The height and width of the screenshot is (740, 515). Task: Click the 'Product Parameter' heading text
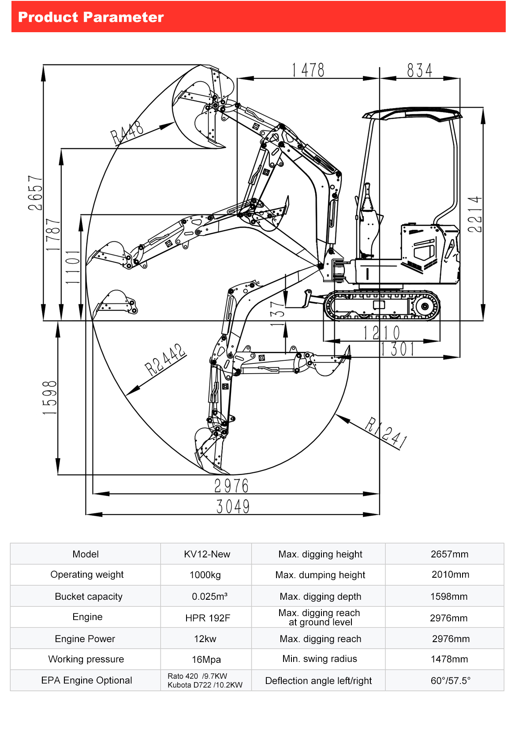[x=91, y=17]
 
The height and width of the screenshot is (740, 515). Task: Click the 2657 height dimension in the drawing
[x=35, y=193]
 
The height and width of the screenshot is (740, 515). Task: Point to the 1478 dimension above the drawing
[x=308, y=70]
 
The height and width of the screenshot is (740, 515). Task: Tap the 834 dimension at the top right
[x=419, y=70]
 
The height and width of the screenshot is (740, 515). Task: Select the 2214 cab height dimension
[x=475, y=214]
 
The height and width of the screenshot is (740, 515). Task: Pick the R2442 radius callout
[x=165, y=359]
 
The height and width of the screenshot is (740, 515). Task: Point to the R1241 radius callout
[x=386, y=433]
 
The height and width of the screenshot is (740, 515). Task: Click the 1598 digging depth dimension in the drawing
[x=50, y=397]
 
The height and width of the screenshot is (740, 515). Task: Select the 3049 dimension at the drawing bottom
[x=233, y=506]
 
